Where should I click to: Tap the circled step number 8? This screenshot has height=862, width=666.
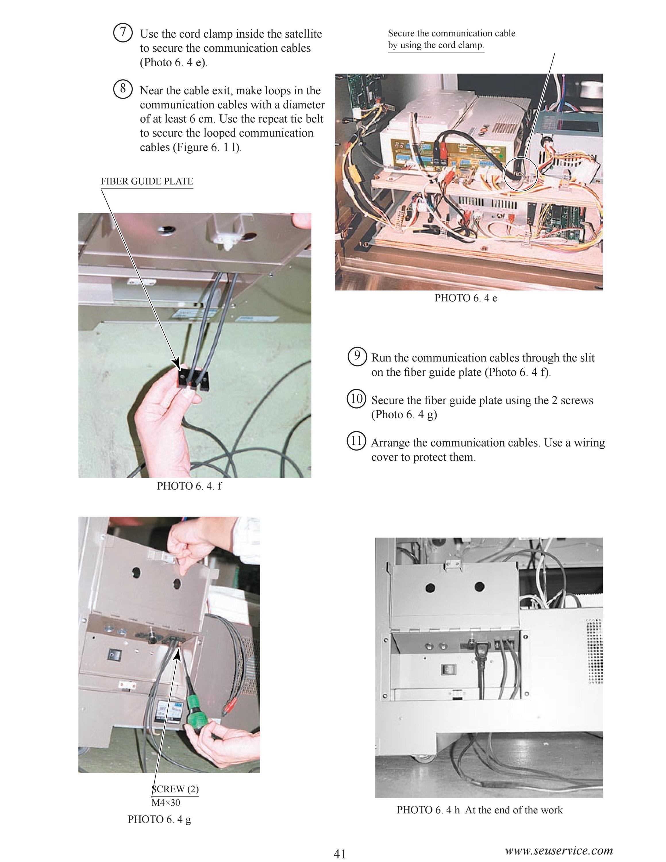click(x=123, y=89)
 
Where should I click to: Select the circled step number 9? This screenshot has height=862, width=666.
click(x=357, y=356)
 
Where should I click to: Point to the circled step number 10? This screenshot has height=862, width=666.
click(x=356, y=399)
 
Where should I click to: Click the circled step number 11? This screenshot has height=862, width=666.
click(x=356, y=440)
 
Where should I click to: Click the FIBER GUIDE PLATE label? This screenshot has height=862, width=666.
click(x=147, y=182)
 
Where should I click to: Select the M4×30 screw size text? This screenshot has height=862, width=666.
click(x=166, y=803)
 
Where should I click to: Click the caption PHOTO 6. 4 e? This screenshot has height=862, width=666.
click(x=465, y=298)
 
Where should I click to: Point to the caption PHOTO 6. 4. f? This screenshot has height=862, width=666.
click(x=189, y=486)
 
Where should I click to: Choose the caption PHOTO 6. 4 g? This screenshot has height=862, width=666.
click(x=159, y=819)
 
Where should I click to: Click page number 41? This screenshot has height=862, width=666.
click(x=340, y=854)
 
